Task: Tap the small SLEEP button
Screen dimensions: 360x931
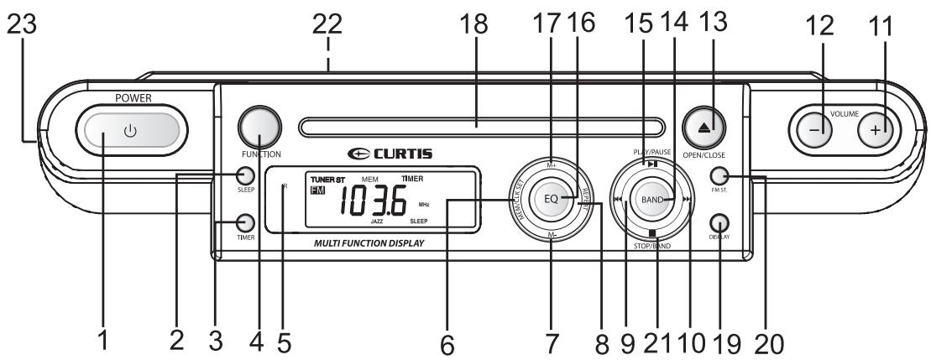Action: point(245,176)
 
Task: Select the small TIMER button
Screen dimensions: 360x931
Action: point(245,223)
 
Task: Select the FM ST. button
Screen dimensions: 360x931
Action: point(718,176)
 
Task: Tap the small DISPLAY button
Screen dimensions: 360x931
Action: point(718,223)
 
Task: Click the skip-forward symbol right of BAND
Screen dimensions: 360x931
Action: point(687,200)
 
